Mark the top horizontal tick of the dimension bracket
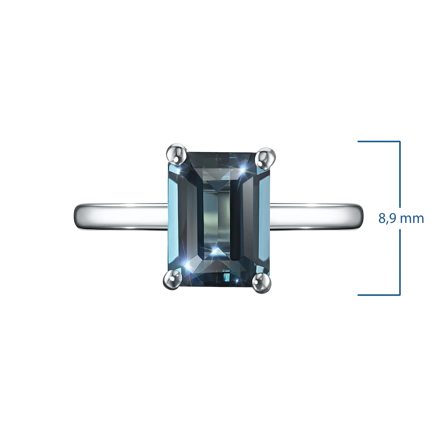coord(379,141)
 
